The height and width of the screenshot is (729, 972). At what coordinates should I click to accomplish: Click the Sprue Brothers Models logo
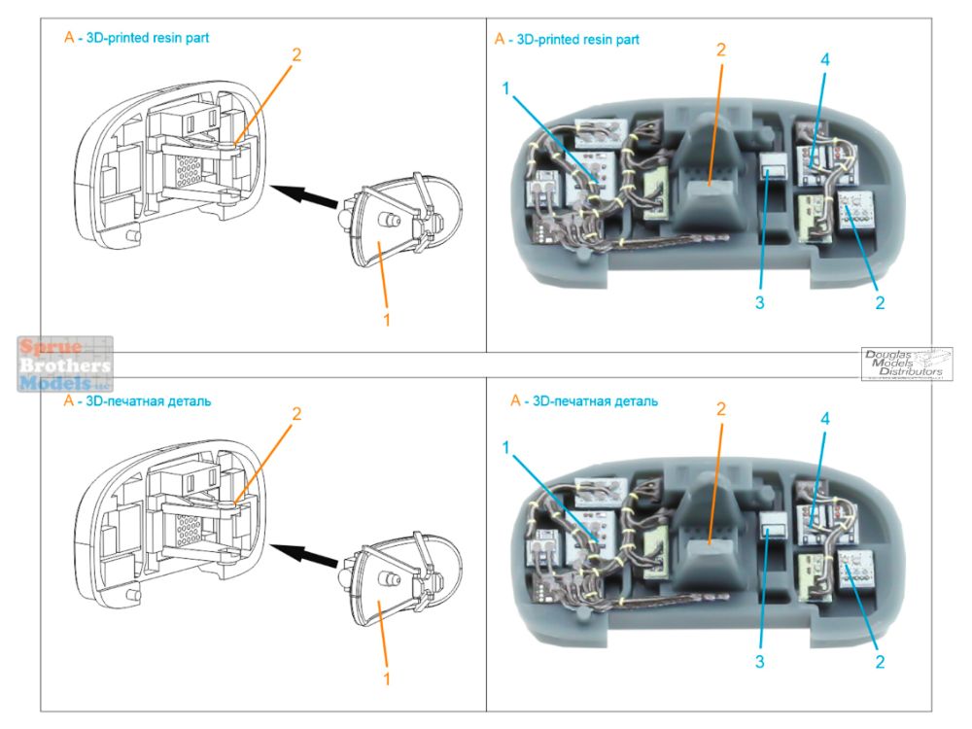pyautogui.click(x=65, y=364)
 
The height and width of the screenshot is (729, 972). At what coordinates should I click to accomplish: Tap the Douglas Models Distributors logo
pyautogui.click(x=906, y=364)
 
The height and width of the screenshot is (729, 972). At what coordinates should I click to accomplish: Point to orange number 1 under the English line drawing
pyautogui.click(x=386, y=317)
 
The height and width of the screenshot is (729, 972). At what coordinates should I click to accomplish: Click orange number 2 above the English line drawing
pyautogui.click(x=296, y=54)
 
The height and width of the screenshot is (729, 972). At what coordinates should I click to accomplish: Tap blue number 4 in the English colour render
pyautogui.click(x=823, y=60)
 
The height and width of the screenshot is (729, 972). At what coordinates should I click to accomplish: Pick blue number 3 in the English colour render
pyautogui.click(x=759, y=302)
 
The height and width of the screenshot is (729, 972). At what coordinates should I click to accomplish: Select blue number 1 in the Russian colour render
pyautogui.click(x=506, y=446)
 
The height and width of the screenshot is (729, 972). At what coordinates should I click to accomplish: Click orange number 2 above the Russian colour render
pyautogui.click(x=721, y=409)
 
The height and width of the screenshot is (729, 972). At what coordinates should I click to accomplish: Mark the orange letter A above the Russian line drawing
pyautogui.click(x=68, y=400)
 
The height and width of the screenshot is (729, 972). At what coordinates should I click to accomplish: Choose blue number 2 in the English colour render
pyautogui.click(x=880, y=302)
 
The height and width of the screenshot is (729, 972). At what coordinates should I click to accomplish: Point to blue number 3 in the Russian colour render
pyautogui.click(x=759, y=662)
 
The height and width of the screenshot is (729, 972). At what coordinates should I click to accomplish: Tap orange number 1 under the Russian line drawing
pyautogui.click(x=386, y=677)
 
